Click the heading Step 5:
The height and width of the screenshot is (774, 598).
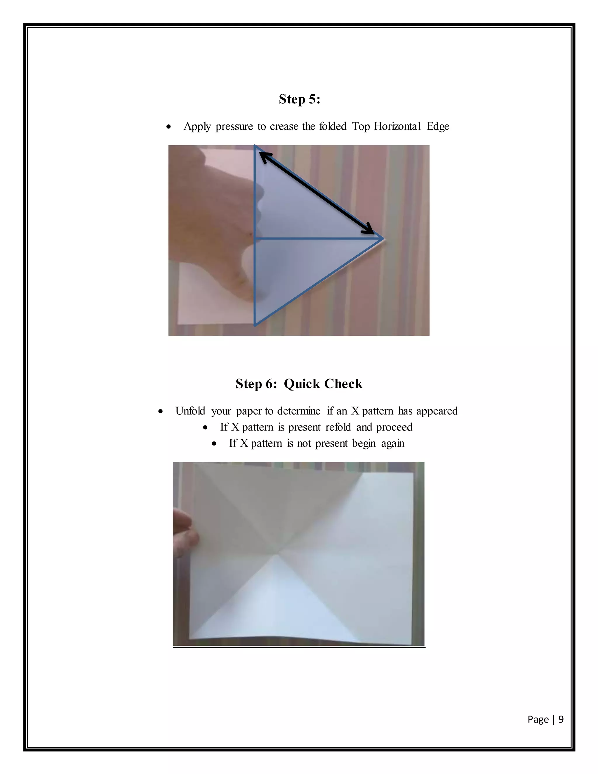coord(299,99)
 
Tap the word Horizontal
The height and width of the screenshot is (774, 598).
coord(397,126)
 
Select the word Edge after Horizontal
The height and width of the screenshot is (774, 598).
coord(438,126)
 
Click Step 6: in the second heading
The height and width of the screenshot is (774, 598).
coord(256,384)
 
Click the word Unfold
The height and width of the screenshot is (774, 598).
coord(190,411)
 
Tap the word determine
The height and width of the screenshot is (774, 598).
coord(298,411)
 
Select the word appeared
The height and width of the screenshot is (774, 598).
coord(437,411)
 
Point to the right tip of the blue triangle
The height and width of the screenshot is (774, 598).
coord(383,239)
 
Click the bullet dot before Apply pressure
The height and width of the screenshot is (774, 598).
coord(169,127)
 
